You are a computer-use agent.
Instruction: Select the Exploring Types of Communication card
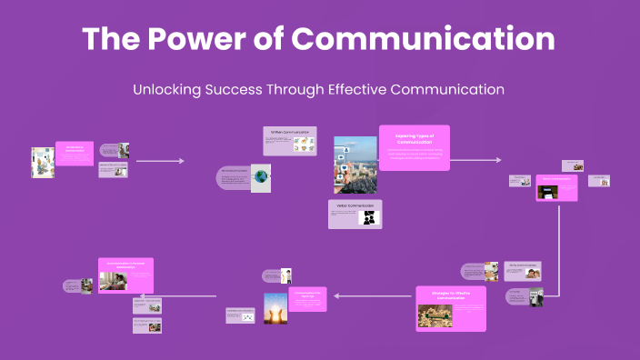pos(414,146)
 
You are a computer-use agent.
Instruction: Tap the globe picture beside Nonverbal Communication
pos(261,177)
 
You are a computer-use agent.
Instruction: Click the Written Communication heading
pos(289,132)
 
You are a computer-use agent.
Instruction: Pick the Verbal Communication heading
pos(355,205)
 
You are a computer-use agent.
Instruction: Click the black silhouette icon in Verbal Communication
pos(369,218)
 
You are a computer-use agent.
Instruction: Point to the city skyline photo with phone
pos(355,165)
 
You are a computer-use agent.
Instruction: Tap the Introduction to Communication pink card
pos(75,153)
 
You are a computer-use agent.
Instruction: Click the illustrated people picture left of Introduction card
pos(43,162)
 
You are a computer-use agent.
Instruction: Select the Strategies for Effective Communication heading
pos(451,294)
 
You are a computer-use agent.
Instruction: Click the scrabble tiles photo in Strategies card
pos(435,315)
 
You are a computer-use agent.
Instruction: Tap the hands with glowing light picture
pos(275,309)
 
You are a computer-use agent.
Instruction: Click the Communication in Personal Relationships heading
pos(125,265)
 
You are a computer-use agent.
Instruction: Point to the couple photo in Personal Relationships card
pos(115,281)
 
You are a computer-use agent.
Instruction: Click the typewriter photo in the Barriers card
pos(548,192)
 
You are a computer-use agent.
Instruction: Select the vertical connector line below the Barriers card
pos(557,245)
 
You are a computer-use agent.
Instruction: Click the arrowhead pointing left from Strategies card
pos(336,295)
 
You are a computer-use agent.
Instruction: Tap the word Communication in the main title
pos(425,38)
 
